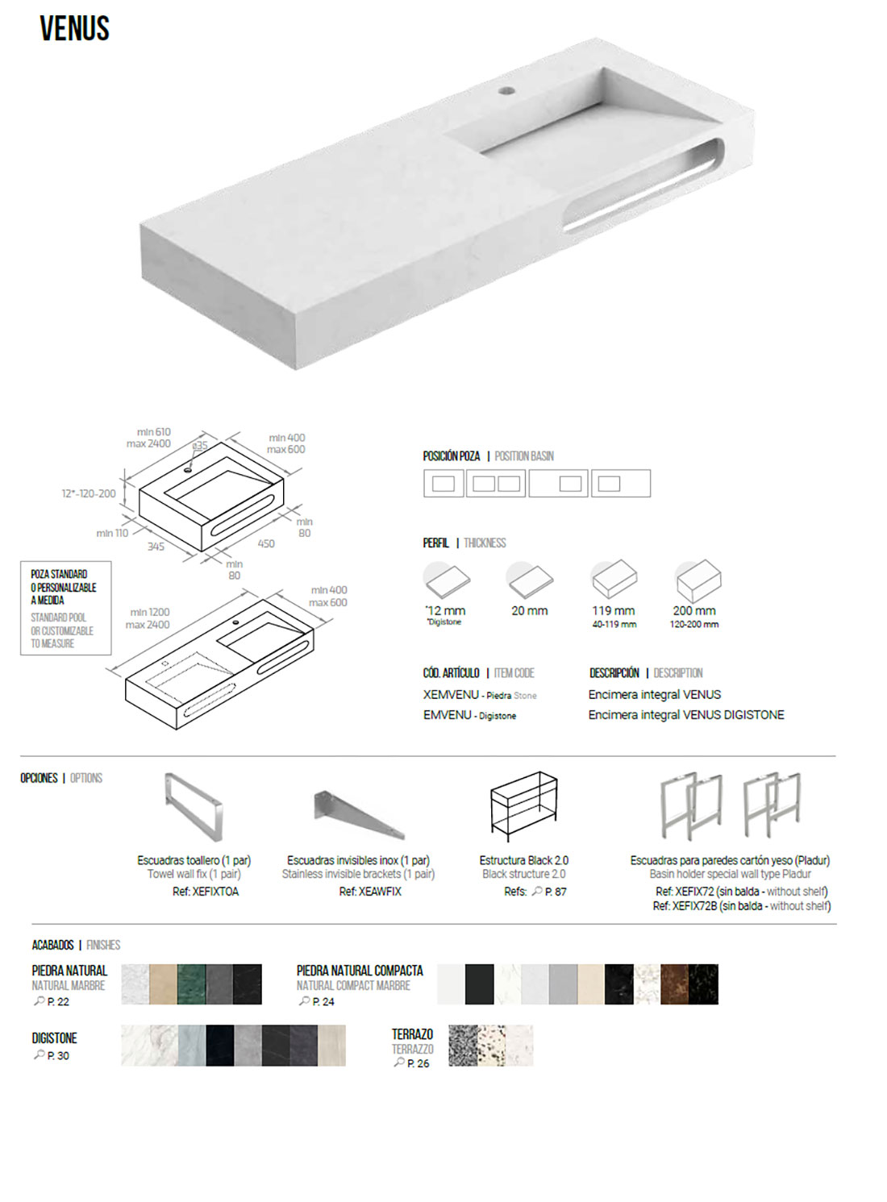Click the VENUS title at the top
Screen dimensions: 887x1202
tap(75, 28)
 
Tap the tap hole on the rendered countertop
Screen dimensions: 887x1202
tap(507, 90)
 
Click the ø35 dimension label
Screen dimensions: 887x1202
tap(199, 445)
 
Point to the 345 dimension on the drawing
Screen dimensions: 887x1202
tap(156, 547)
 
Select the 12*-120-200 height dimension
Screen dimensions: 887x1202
tap(89, 493)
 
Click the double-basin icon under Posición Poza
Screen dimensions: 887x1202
tap(496, 484)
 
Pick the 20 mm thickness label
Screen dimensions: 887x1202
tap(529, 611)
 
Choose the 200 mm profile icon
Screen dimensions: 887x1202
tap(698, 580)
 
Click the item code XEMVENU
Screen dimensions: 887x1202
tap(451, 695)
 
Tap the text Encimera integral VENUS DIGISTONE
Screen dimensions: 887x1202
tap(686, 715)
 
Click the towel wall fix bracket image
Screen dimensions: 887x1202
tap(194, 807)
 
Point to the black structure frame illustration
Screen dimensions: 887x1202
tap(524, 806)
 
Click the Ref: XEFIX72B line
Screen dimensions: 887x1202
tap(741, 905)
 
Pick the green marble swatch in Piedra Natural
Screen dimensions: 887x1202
tap(191, 984)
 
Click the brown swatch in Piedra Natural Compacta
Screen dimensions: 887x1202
tap(674, 984)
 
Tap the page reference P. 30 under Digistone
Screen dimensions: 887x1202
tap(58, 1055)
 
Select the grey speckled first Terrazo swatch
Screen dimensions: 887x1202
tap(463, 1046)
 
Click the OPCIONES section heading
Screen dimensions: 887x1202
tap(39, 778)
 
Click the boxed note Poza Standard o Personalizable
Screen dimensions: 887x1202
tap(65, 608)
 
